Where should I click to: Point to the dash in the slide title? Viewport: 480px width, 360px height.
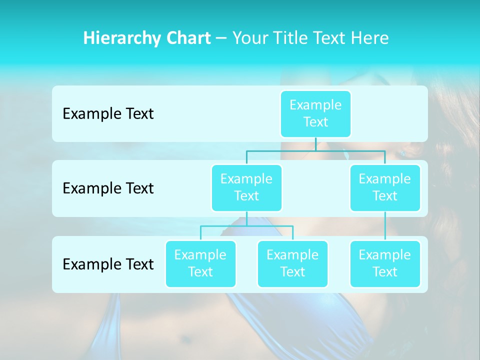tap(221, 38)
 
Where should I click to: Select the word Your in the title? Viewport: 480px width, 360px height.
tap(250, 38)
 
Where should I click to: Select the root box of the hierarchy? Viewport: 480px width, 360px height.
tap(315, 113)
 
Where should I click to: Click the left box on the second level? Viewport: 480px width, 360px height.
tap(246, 187)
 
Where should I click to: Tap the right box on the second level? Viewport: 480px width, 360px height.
tap(385, 187)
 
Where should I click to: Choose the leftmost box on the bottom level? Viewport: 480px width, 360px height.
tap(200, 263)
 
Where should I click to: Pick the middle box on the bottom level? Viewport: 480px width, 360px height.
tap(292, 263)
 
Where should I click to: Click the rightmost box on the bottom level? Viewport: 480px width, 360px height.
tap(385, 263)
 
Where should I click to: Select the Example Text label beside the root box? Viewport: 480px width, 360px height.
tap(108, 114)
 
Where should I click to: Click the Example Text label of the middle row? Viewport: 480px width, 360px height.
tap(108, 188)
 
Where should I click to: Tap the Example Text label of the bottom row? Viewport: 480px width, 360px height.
tap(108, 264)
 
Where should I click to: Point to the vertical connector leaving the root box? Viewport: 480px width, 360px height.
tap(315, 144)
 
